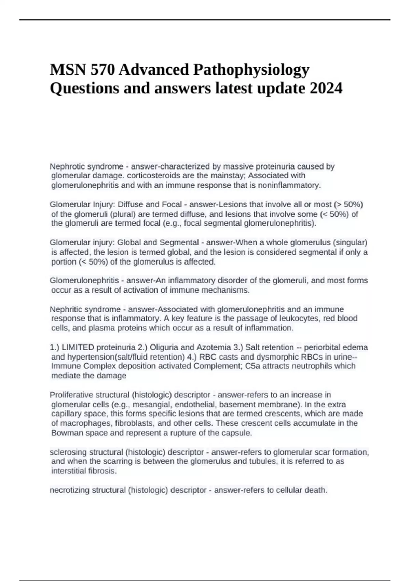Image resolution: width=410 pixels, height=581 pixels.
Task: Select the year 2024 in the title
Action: [326, 89]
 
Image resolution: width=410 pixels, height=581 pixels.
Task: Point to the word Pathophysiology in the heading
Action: [251, 70]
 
